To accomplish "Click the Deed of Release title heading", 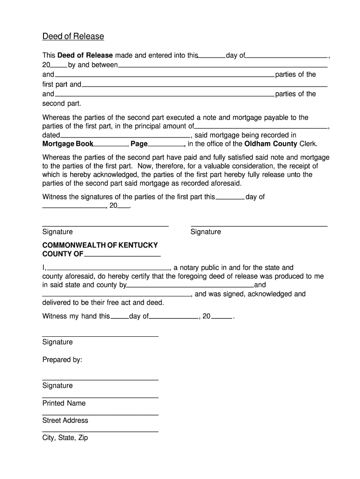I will point(73,36).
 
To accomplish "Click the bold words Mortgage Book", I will point(68,144).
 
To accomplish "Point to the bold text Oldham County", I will point(271,144).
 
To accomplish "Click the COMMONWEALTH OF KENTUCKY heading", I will point(100,245).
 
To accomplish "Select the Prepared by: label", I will point(62,360).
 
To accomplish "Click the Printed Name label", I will point(64,403).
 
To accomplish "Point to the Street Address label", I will point(65,421).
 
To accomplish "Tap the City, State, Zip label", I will point(65,438).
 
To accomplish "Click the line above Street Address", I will point(100,414).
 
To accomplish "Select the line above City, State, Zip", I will point(100,432).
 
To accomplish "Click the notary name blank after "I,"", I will point(108,270).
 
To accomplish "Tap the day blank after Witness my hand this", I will point(119,319).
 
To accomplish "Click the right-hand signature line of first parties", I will point(259,226).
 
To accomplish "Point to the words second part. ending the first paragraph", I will point(62,103).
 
